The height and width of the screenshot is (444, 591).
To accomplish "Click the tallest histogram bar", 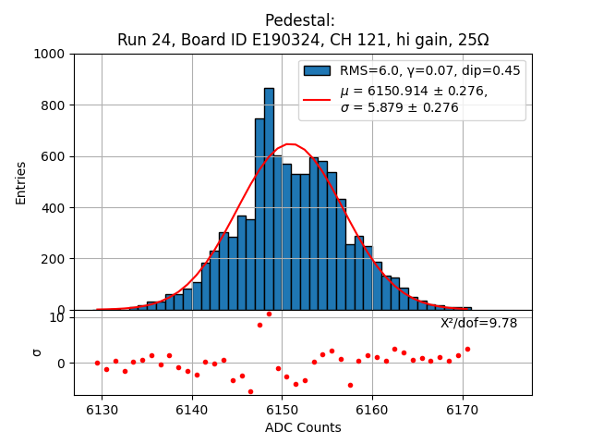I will (x=269, y=199).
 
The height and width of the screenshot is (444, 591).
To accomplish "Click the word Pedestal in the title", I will (x=299, y=20).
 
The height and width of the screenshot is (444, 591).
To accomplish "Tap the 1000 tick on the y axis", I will (x=54, y=54).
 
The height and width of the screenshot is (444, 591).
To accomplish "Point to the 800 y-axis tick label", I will (x=58, y=105).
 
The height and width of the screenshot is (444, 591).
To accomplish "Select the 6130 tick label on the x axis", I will (x=102, y=410).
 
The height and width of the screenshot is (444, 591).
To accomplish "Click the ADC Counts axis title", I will (x=303, y=427).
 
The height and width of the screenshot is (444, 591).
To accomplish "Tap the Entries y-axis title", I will (x=21, y=182).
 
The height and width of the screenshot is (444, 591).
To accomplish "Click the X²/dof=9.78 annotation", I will (x=478, y=323).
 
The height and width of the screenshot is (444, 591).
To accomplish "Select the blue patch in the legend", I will (x=317, y=70).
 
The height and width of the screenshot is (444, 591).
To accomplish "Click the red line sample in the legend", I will (x=317, y=99).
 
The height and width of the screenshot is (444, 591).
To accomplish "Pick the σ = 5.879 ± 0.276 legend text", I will (x=399, y=107).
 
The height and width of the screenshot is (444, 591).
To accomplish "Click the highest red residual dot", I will (x=269, y=314).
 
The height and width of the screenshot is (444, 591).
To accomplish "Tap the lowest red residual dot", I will (x=250, y=391).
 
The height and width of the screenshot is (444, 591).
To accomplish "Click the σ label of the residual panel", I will (x=37, y=351).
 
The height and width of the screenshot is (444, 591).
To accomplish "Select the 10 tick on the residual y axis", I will (x=56, y=317).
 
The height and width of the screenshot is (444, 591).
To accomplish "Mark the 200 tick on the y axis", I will (x=58, y=259).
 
